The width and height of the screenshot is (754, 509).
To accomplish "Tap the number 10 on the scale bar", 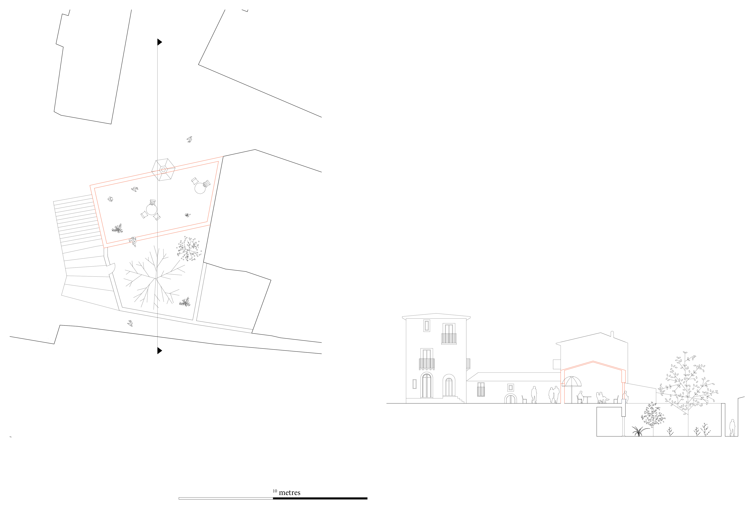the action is click(275, 491).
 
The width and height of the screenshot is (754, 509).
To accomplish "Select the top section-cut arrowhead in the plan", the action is click(160, 42).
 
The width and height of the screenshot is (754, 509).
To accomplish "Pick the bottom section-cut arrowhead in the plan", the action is click(160, 351).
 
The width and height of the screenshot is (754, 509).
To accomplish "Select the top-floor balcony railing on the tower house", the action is click(449, 339).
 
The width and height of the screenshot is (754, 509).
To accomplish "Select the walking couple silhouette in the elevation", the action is click(554, 395).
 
